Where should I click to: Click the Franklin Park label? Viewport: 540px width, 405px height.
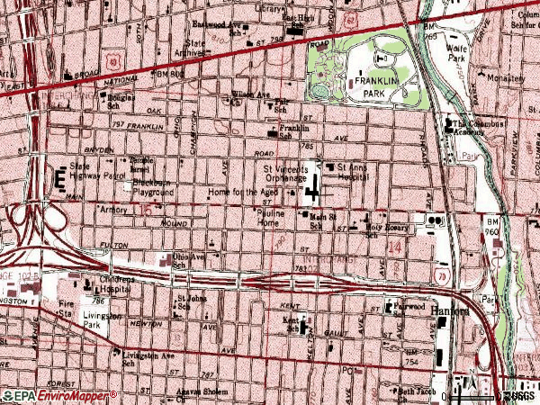point(375,85)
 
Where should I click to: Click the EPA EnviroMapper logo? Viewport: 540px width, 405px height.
point(58,396)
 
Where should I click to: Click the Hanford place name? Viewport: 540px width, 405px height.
point(450,311)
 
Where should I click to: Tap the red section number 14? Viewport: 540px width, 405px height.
point(393,246)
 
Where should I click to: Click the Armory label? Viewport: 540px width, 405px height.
point(113,208)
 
